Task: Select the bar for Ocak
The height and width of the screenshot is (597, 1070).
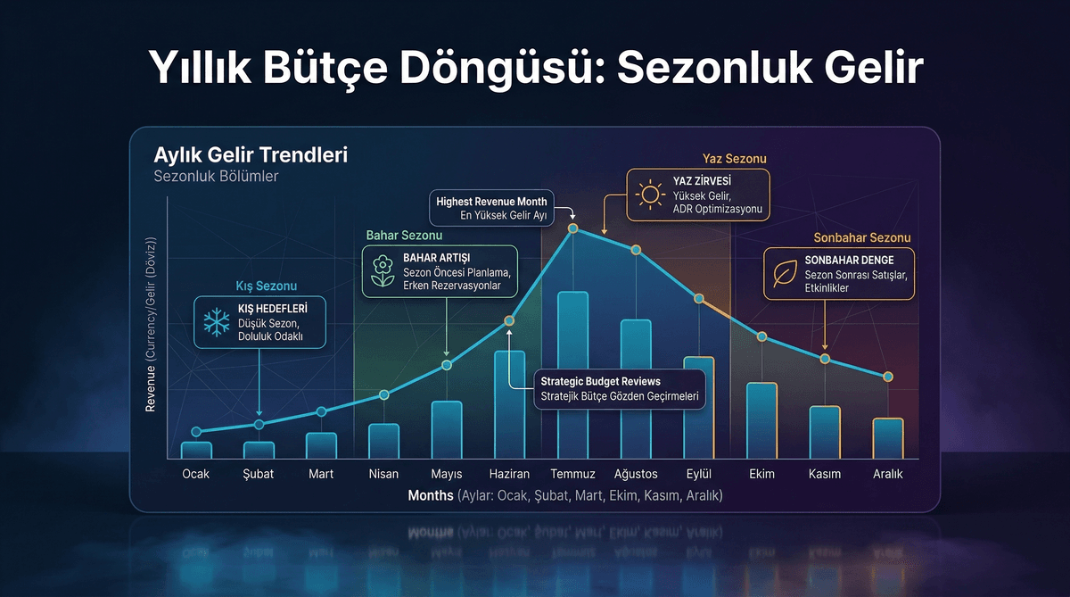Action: [x=196, y=450]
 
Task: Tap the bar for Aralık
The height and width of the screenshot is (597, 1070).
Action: [x=887, y=438]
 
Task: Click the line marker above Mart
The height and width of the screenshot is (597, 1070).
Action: [x=321, y=411]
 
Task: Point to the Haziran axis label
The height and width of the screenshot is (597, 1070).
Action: [x=509, y=474]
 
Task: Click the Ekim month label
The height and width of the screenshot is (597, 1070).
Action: [x=761, y=474]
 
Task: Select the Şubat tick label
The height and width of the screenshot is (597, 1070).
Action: [x=259, y=474]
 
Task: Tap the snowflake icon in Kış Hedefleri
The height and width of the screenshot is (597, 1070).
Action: [x=215, y=322]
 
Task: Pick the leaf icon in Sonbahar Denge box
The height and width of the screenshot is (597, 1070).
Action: [x=785, y=274]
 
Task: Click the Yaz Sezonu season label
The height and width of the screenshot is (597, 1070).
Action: [x=734, y=159]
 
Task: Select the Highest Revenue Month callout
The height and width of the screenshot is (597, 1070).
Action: [x=491, y=208]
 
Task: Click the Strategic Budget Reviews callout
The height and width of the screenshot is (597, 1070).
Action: [x=619, y=389]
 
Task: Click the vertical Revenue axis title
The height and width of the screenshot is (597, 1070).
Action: [x=151, y=327]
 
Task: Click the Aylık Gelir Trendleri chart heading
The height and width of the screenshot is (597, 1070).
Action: [x=251, y=154]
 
